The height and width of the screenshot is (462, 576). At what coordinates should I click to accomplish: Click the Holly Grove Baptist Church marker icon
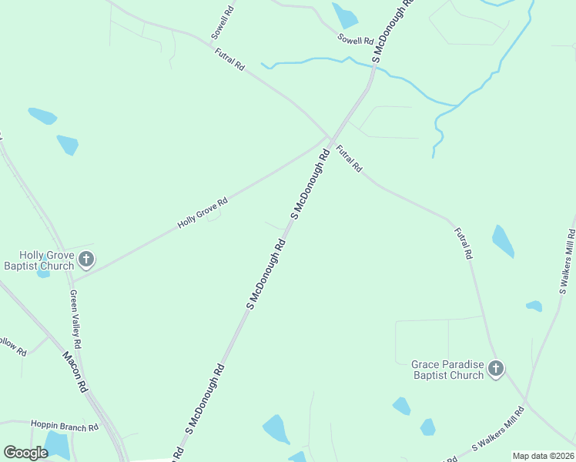coord(86,259)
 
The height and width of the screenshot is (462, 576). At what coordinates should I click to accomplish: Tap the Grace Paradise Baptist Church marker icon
coord(496,369)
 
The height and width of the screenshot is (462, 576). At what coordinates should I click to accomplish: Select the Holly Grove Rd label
coord(203,213)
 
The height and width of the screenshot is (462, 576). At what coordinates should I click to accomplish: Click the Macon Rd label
coord(74,372)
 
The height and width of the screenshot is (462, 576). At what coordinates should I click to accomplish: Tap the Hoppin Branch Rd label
coord(65,427)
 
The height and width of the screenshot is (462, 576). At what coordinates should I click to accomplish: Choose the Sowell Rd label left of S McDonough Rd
coord(222,24)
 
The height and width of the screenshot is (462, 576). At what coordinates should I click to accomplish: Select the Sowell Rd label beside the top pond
coord(355,39)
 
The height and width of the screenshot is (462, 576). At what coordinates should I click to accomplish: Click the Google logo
coord(25,453)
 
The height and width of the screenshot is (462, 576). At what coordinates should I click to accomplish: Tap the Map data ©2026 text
coord(543,456)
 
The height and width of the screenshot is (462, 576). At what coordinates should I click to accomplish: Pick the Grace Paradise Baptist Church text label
coord(447,370)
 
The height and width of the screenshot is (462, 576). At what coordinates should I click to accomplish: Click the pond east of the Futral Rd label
coord(503,242)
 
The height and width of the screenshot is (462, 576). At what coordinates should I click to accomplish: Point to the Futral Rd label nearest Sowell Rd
coord(229,60)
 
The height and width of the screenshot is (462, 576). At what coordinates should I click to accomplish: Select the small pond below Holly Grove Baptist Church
coord(43,273)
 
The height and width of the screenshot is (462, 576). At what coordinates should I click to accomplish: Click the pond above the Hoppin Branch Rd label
coord(56,444)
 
